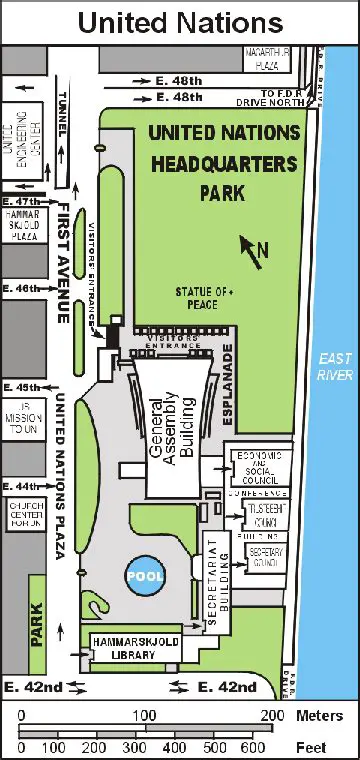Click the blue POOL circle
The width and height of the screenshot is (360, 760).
coord(143,576)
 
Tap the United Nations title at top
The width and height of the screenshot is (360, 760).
coord(179,21)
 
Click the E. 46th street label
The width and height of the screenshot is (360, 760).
coord(21,288)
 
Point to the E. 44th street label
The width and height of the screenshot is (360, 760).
coord(21,487)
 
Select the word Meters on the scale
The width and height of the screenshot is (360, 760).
coord(320,715)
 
